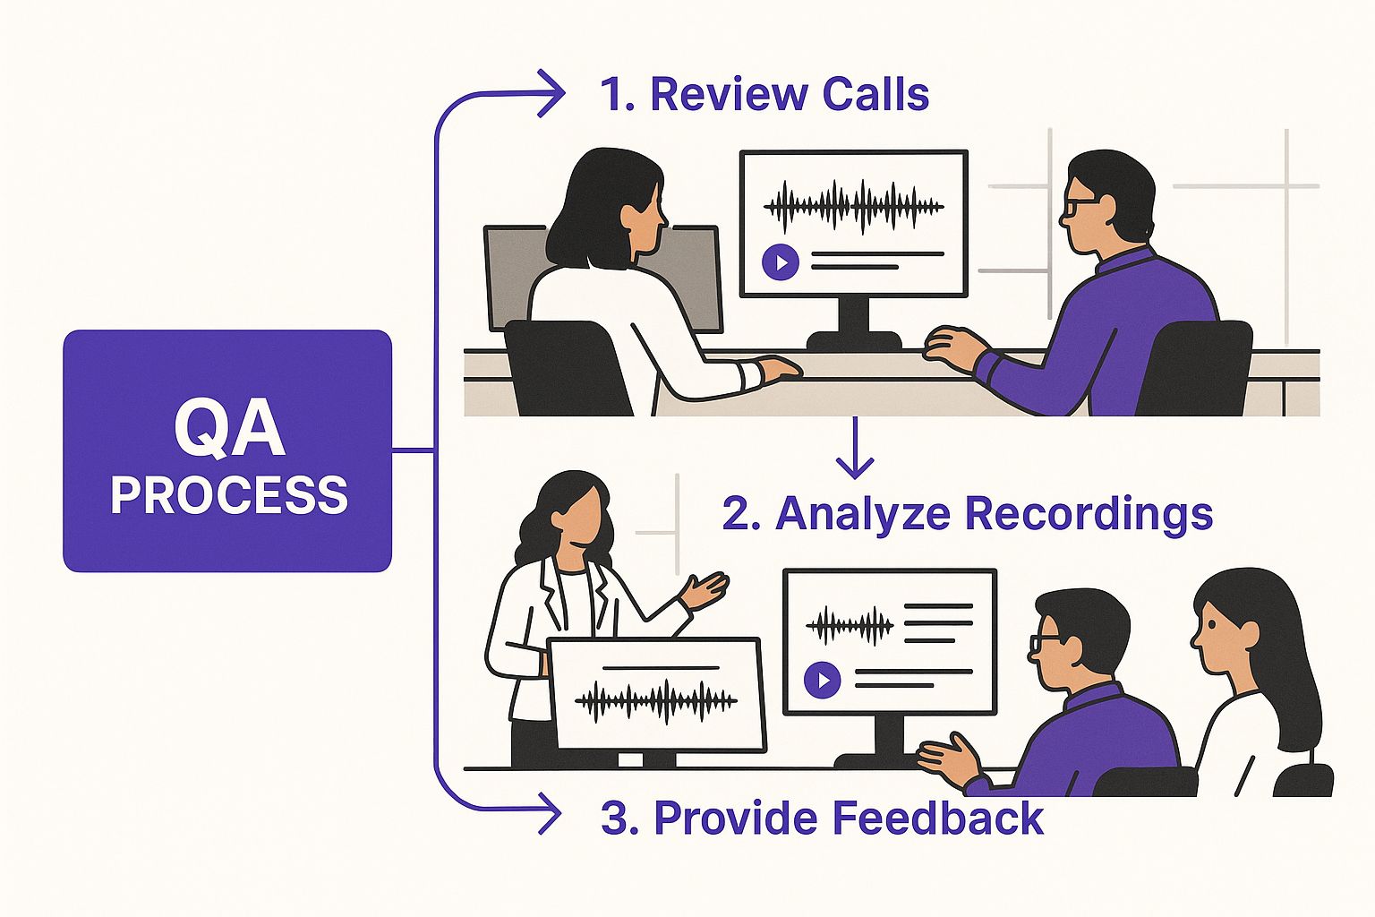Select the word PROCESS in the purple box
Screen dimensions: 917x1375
click(x=229, y=495)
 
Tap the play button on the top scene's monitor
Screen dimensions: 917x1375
click(x=781, y=262)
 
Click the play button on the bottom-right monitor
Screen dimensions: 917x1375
click(x=822, y=680)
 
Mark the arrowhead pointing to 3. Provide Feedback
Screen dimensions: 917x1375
click(x=549, y=814)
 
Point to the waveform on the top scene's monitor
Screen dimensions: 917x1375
click(x=853, y=206)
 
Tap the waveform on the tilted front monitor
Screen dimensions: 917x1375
click(x=655, y=700)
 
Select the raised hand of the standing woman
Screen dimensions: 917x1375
click(x=707, y=589)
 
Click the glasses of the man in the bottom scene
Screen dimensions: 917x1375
click(x=1046, y=641)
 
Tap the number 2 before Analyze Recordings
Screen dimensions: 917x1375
click(x=736, y=515)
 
